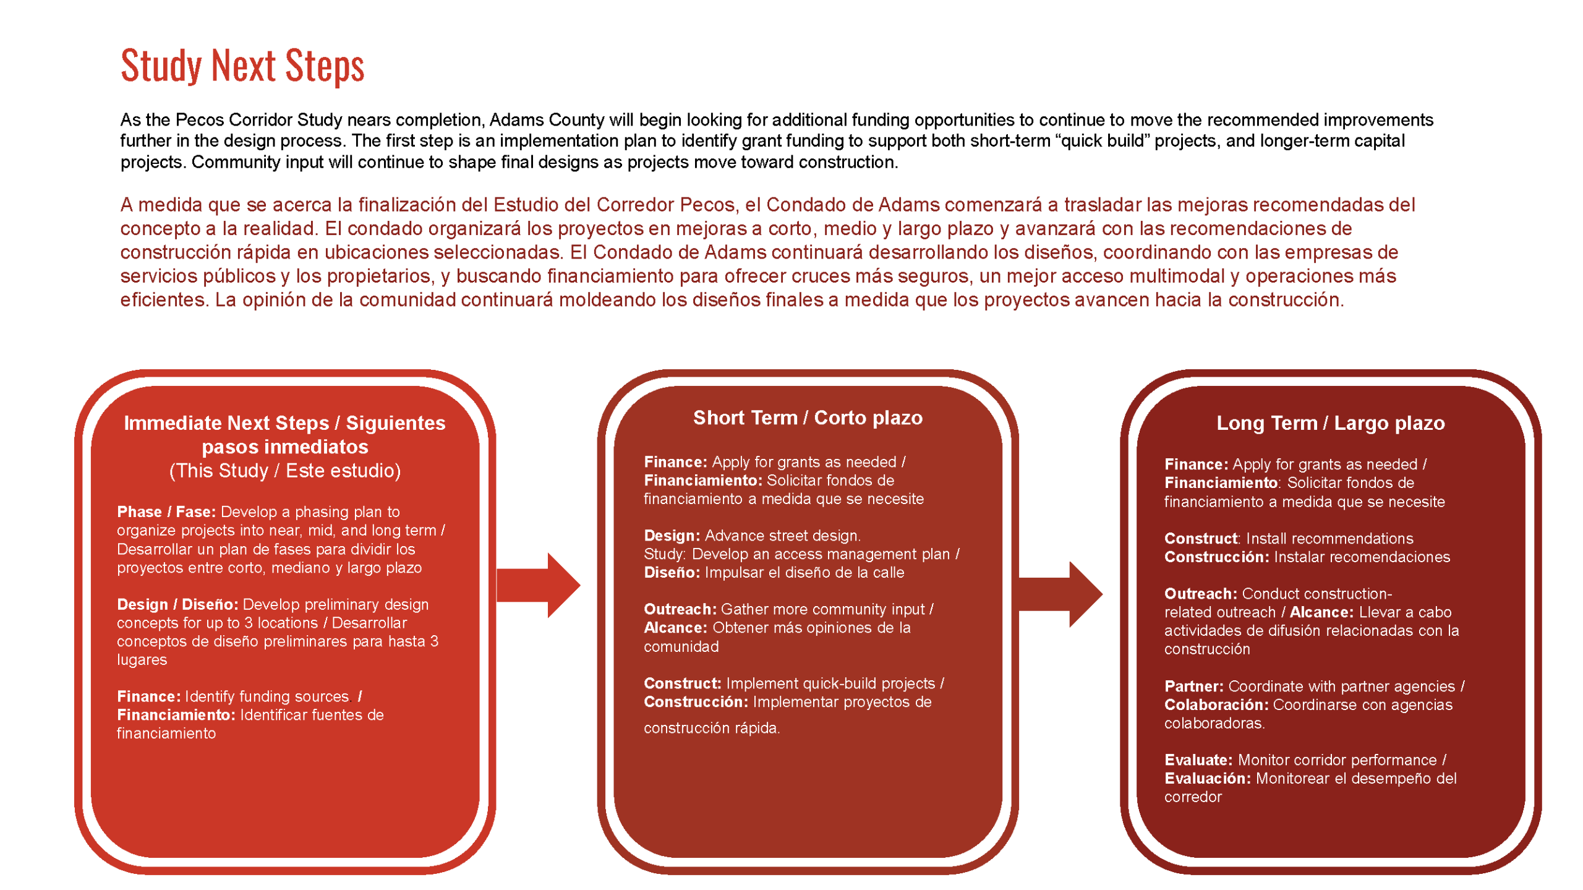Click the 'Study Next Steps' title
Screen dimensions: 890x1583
(x=242, y=66)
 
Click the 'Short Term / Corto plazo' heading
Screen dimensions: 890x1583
(x=807, y=417)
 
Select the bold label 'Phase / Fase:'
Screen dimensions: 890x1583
(x=166, y=511)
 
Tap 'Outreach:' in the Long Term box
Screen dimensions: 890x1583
(x=1200, y=593)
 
